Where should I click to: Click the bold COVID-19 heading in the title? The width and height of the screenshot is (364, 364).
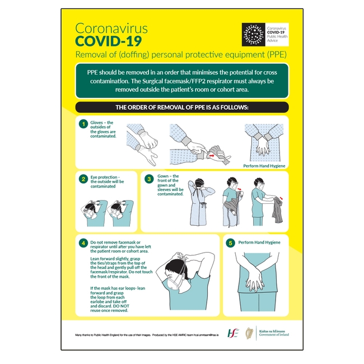109,41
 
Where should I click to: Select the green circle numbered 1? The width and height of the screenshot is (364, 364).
83,124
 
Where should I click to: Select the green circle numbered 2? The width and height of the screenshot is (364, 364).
83,179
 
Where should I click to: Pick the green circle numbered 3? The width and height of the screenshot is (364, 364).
149,179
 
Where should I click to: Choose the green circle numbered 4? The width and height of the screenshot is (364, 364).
83,243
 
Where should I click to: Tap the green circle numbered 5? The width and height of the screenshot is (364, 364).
230,243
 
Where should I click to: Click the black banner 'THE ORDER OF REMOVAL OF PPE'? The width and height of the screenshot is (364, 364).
181,107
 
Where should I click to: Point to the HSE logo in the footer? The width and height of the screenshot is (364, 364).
232,333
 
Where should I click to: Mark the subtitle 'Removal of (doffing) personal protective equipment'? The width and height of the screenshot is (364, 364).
181,55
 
